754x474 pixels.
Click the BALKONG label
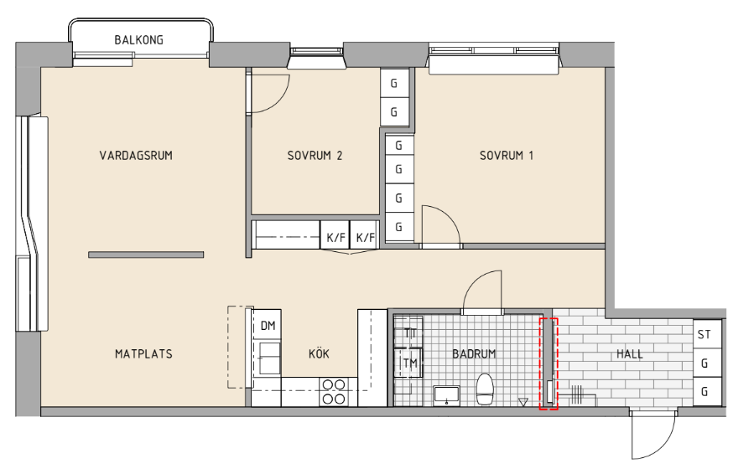click(x=138, y=40)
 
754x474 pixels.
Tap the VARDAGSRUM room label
click(x=136, y=156)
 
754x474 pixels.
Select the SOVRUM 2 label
click(x=315, y=156)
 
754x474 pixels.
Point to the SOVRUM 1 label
click(x=507, y=156)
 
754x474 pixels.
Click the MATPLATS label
click(x=143, y=354)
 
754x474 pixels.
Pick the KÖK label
click(x=319, y=353)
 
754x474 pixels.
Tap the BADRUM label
click(x=474, y=354)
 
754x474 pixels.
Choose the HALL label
click(x=630, y=354)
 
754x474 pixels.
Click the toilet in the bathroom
click(x=485, y=389)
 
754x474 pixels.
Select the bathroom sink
click(x=447, y=395)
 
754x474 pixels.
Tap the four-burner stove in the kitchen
click(x=334, y=391)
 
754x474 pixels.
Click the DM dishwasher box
click(x=268, y=326)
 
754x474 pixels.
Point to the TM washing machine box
click(x=408, y=363)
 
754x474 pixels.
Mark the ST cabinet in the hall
click(x=707, y=334)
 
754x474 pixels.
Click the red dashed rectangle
click(x=549, y=364)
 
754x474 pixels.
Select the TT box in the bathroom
click(x=408, y=332)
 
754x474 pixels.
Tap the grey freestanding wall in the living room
click(x=146, y=255)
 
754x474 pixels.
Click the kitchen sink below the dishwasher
click(x=270, y=358)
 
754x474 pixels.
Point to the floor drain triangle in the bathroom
click(x=523, y=403)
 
